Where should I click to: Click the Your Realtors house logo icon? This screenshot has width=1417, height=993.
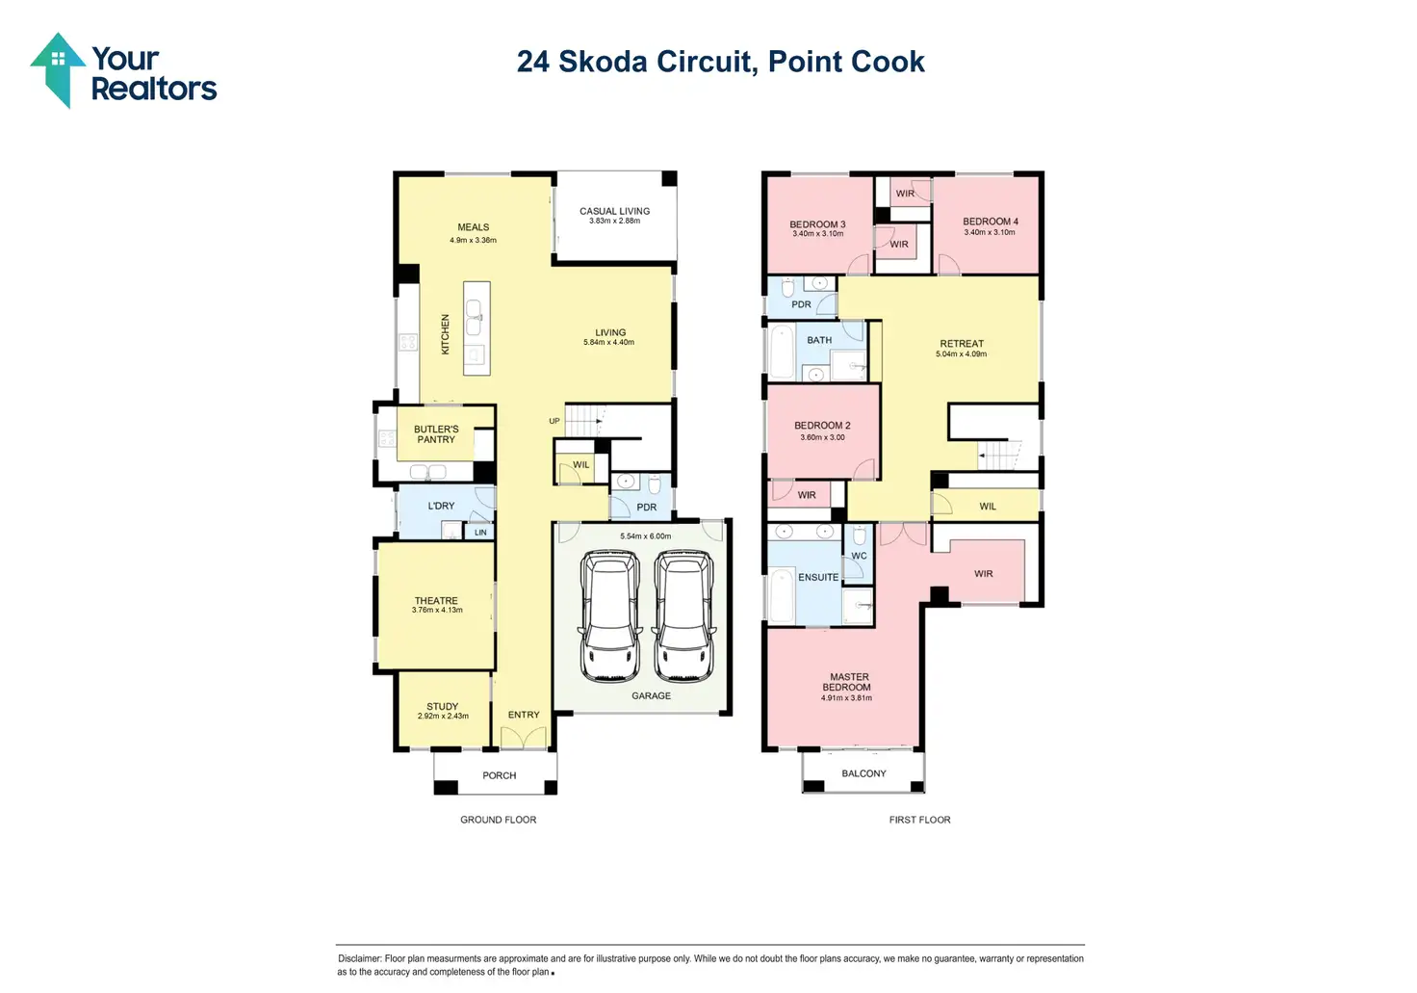coord(57,68)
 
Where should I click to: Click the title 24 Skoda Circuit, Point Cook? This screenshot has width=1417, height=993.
coord(720,62)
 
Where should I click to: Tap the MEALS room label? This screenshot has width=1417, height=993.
coord(473,227)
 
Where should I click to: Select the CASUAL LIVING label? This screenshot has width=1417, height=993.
coord(614,211)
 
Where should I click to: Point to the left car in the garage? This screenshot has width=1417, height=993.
coord(609,616)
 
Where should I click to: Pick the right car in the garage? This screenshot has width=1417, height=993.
coord(683,616)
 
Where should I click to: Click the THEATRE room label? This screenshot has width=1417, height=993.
coord(436,600)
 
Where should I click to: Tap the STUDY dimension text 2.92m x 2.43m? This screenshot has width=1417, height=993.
coord(443,717)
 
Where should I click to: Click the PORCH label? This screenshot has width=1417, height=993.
coord(499,775)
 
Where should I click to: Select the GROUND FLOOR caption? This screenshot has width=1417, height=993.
coord(498,820)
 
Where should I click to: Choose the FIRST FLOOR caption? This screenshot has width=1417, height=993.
coord(919,820)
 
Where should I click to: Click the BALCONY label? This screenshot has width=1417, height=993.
coord(863,773)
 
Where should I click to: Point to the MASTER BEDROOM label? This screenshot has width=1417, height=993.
coord(848,682)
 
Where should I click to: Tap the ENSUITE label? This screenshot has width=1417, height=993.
coord(818,577)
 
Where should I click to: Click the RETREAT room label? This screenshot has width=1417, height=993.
coord(962,344)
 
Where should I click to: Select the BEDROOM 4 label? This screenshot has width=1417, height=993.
coord(990,222)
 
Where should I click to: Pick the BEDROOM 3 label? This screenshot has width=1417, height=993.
coord(817,224)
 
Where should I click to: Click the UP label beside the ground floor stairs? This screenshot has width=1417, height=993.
coord(554,421)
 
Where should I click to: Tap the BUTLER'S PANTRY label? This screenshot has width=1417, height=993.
coord(436,434)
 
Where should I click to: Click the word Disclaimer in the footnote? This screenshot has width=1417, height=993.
coord(359,958)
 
